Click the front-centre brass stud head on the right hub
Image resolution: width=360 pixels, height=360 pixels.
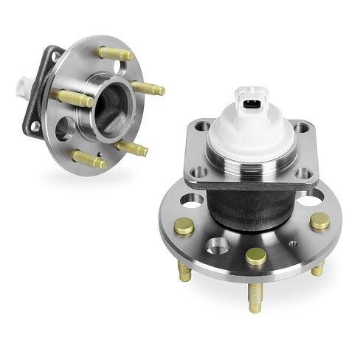pos(255,255)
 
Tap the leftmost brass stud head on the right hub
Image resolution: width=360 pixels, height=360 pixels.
pos(184,226)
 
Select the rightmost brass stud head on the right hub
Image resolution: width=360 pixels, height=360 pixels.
pos(319,221)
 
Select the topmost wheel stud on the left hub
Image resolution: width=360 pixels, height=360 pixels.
pos(116,53)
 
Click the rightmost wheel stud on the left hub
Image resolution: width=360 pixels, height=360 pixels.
pos(149,89)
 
